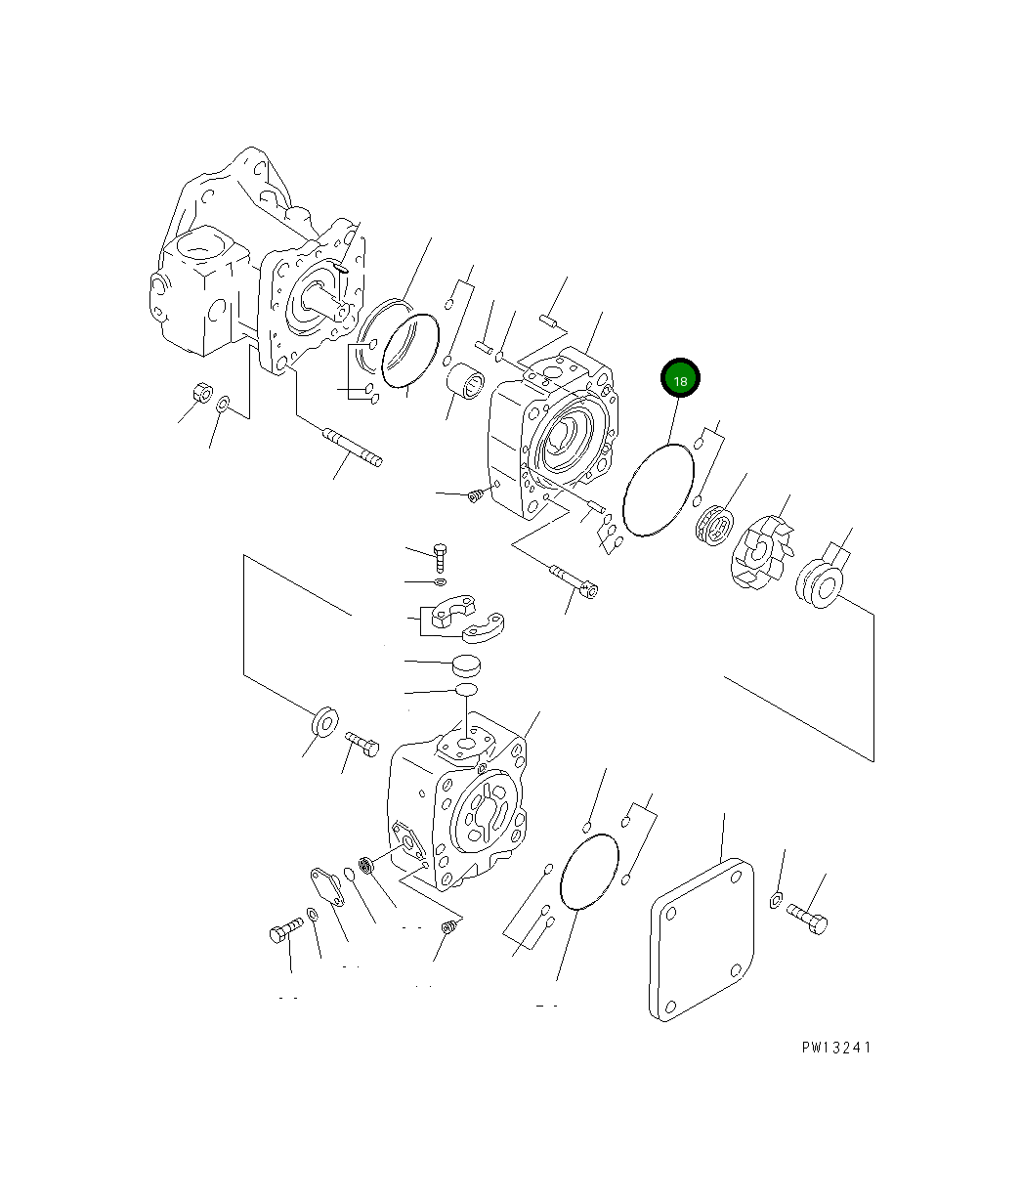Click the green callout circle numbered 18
(680, 379)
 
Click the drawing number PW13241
(835, 1047)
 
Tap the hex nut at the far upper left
(200, 392)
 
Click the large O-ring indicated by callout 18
(658, 490)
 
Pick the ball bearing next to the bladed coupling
(714, 526)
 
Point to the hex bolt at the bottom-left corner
(286, 933)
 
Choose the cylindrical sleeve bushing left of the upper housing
(464, 377)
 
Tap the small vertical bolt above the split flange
(440, 558)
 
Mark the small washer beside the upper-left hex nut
(224, 404)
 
